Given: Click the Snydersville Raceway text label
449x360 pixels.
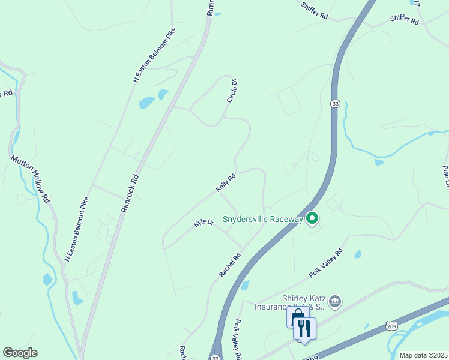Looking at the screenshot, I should [x=262, y=219].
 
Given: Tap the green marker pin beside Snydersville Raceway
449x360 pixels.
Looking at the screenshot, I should [x=312, y=219].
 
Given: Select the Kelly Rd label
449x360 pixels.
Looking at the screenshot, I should [x=225, y=183].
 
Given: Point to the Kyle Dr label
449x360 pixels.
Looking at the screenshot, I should [x=203, y=223].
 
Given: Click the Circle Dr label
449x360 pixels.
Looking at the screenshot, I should [x=233, y=91].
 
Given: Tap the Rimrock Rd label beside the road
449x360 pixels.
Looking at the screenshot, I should [x=130, y=194].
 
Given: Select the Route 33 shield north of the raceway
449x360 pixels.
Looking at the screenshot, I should [x=335, y=104].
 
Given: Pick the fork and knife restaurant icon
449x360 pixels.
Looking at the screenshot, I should [x=305, y=328].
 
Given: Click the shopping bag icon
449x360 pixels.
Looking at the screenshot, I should [x=297, y=318].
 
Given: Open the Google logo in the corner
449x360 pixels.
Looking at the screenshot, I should [x=20, y=353].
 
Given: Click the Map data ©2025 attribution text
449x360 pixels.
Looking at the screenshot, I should [x=423, y=355].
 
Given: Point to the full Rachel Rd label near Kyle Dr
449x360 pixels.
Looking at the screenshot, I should [x=230, y=265].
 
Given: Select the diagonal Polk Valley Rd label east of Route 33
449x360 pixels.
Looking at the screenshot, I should [x=325, y=263].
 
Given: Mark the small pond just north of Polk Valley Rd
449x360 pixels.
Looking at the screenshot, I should [x=358, y=254].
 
